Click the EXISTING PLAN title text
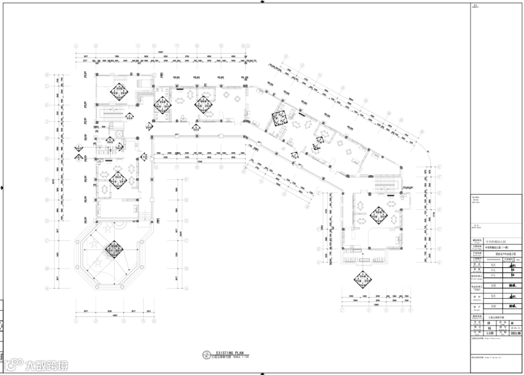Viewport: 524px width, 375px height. (228, 353)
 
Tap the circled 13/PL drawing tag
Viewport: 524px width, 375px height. (207, 354)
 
